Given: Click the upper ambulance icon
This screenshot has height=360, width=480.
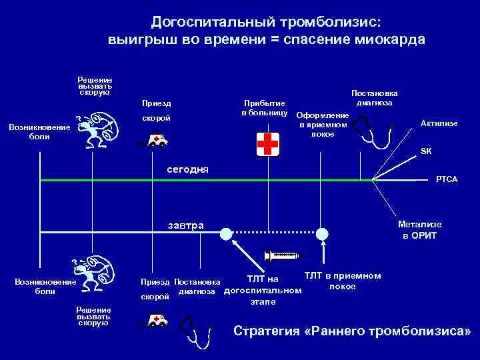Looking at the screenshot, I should pyautogui.click(x=157, y=141).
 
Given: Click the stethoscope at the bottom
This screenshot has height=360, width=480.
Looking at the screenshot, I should pyautogui.click(x=196, y=327).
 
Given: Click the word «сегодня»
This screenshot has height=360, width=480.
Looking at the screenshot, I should pyautogui.click(x=187, y=169).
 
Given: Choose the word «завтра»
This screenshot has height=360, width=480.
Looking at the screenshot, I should pyautogui.click(x=186, y=225).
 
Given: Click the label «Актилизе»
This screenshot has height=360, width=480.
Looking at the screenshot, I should pyautogui.click(x=439, y=123).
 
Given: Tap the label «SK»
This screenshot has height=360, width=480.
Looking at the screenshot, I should pyautogui.click(x=425, y=151).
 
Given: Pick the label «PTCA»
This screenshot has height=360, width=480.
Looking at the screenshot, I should pyautogui.click(x=446, y=180).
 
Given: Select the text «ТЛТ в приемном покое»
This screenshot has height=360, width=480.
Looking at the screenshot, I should pyautogui.click(x=342, y=281).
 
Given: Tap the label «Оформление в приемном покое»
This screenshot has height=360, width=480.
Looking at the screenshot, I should pyautogui.click(x=323, y=124).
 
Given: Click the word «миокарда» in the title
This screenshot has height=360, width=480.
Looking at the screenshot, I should pyautogui.click(x=389, y=39).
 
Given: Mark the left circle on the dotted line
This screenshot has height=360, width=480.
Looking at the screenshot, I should pyautogui.click(x=227, y=233).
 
